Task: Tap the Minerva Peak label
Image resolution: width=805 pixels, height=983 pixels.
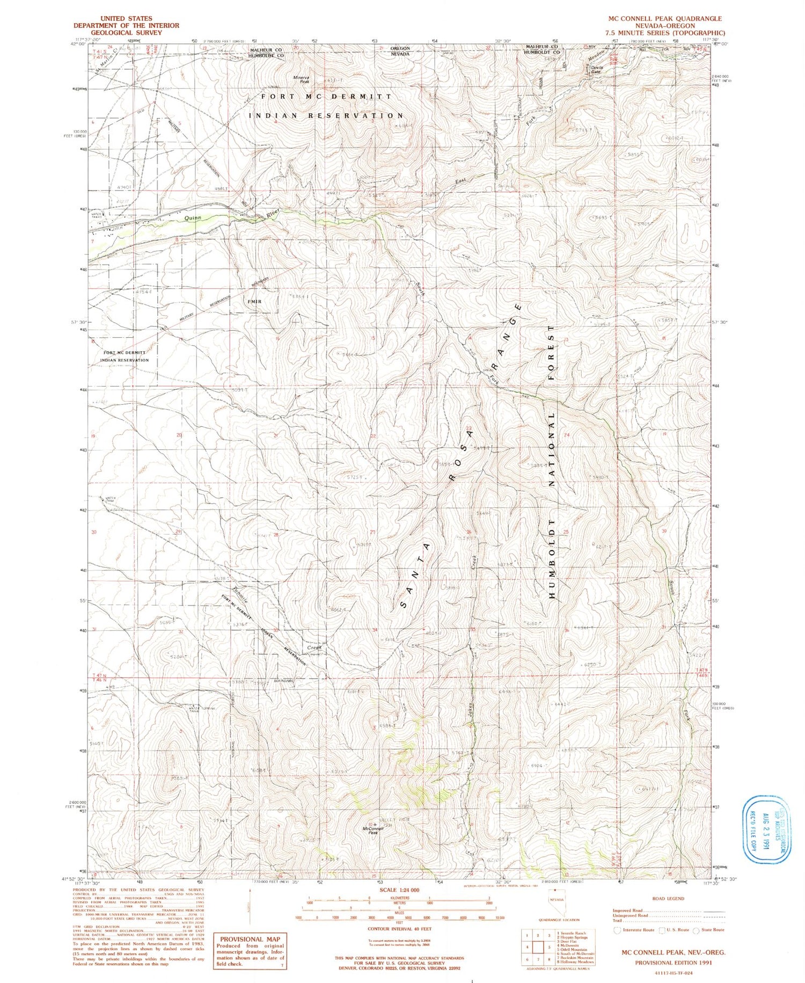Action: coord(301,79)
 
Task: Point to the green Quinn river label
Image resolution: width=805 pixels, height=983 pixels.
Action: coord(192,218)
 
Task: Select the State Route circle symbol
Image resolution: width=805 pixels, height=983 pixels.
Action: coord(697,930)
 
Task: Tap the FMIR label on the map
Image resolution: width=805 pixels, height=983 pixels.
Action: coord(254,302)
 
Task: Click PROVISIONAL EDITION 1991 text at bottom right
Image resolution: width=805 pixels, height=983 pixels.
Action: coord(673,963)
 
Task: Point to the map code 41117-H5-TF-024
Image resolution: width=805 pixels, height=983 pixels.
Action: coord(673,973)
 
